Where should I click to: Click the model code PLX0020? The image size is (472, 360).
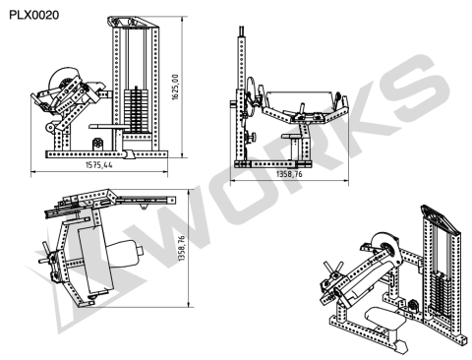tap(34, 15)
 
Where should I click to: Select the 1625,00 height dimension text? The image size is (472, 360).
tap(175, 87)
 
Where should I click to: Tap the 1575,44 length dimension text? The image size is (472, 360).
tap(99, 164)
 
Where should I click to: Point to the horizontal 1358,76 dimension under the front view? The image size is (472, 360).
tap(289, 174)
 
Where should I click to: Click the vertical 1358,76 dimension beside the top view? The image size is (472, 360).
tap(181, 248)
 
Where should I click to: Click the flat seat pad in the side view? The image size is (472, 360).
tap(107, 126)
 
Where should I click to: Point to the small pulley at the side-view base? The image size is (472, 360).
tap(98, 144)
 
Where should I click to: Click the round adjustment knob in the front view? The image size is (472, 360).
tap(252, 136)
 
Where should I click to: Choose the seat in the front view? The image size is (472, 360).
tap(291, 136)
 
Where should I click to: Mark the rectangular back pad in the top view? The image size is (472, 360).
tap(95, 260)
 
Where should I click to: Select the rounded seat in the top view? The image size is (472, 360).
tap(125, 253)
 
